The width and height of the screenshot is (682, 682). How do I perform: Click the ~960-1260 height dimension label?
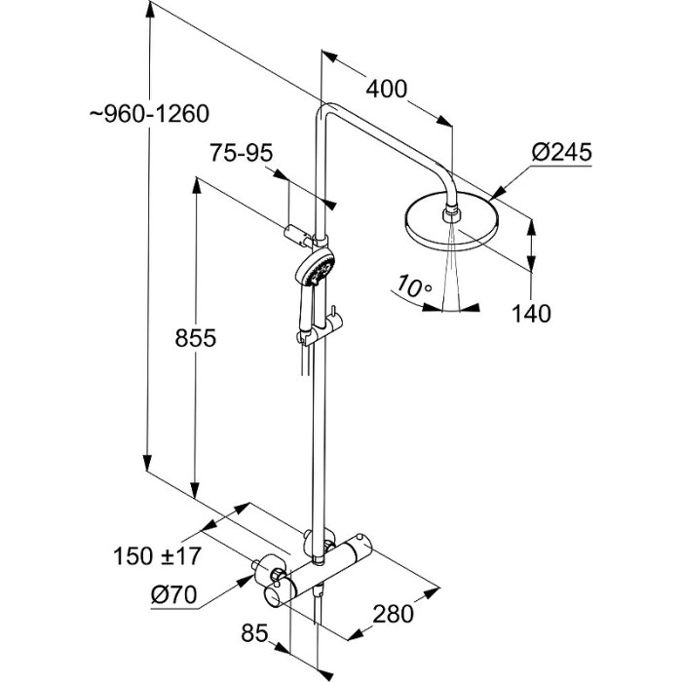tap(148, 115)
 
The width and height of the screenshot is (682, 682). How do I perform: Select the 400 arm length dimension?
tap(386, 90)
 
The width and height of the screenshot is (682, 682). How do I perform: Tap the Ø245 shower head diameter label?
tap(562, 152)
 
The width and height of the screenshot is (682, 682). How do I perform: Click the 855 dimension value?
tap(195, 338)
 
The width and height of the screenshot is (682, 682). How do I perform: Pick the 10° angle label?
tap(414, 286)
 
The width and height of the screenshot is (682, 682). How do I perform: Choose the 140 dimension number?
tap(531, 314)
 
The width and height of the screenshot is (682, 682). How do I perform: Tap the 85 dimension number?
tap(254, 634)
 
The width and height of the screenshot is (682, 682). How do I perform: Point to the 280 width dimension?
tap(393, 614)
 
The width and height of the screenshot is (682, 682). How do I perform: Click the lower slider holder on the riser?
tap(310, 337)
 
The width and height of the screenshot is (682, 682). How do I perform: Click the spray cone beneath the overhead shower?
tap(450, 278)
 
